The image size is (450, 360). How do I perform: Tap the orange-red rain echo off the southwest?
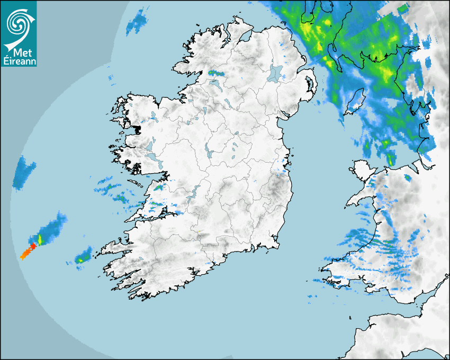pos(28,252)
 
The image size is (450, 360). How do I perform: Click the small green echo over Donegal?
pos(215,73)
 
